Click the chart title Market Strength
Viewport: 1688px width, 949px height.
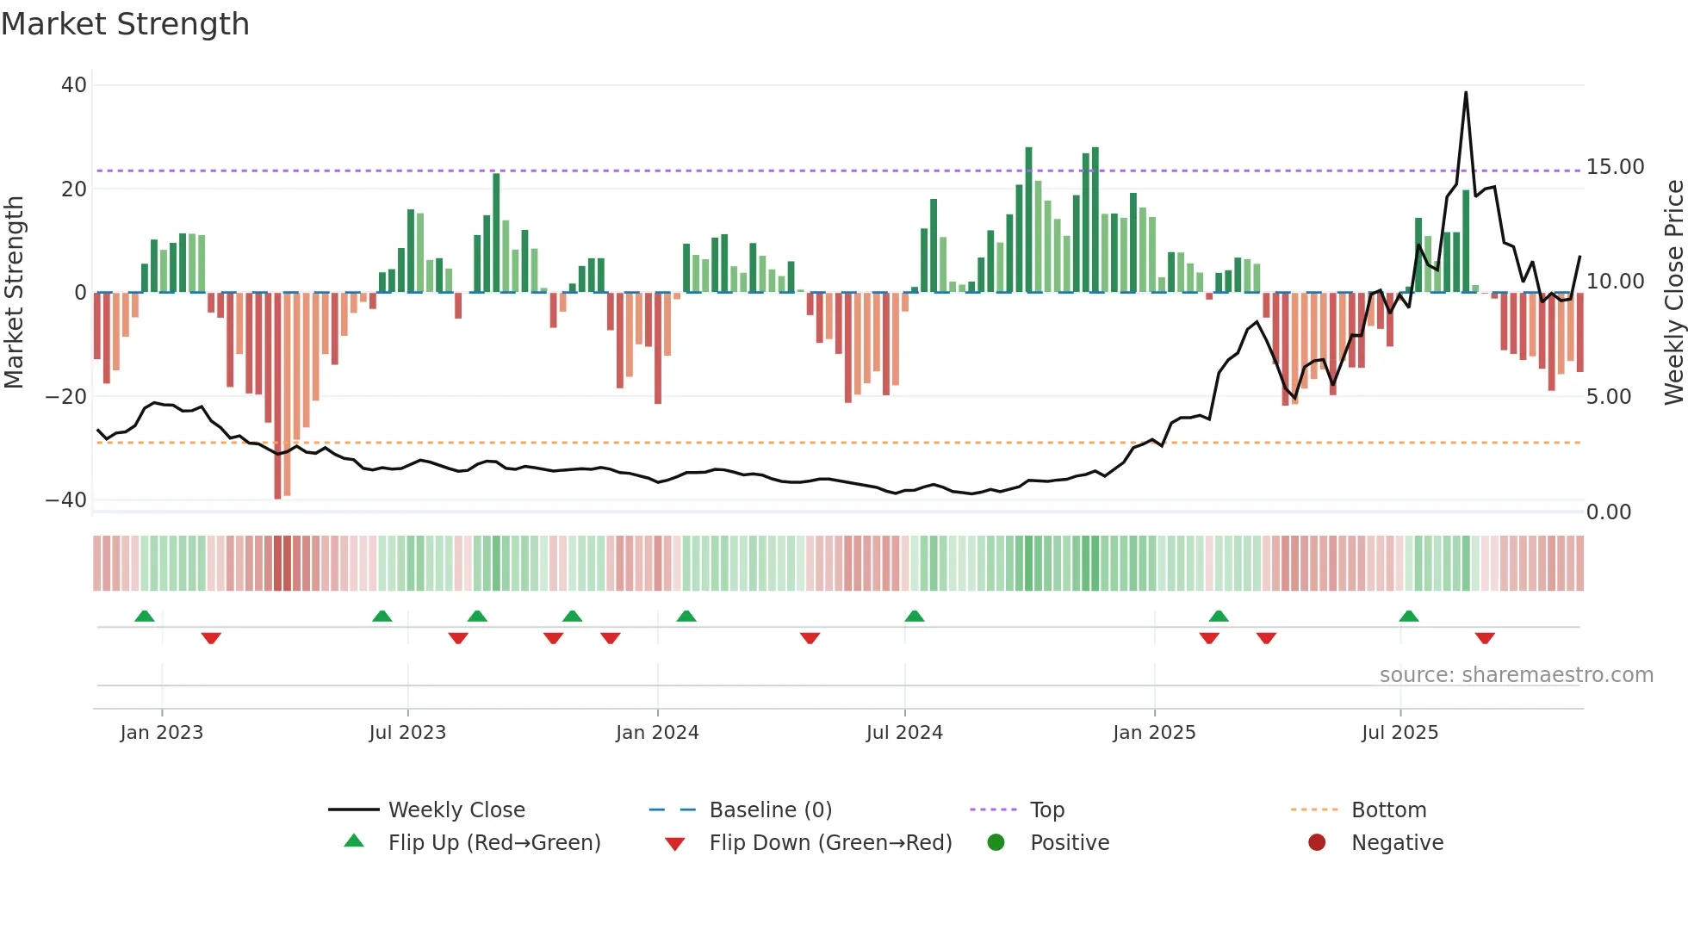pos(125,24)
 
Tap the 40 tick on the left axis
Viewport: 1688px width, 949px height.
pos(74,85)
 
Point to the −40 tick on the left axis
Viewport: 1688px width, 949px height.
pos(66,500)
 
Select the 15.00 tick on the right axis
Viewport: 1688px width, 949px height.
pos(1615,167)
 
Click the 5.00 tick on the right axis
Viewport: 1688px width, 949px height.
pos(1608,397)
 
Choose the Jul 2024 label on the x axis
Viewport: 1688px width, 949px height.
pos(904,733)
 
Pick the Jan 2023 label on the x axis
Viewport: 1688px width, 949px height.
pos(162,733)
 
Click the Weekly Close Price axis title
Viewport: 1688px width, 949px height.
pos(1673,293)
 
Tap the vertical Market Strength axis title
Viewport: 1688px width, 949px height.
pos(15,293)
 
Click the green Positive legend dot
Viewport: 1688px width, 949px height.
pos(996,843)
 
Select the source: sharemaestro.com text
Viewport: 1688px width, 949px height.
pos(1516,675)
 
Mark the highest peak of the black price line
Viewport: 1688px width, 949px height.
pos(1466,93)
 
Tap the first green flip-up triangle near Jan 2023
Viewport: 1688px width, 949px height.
pos(145,616)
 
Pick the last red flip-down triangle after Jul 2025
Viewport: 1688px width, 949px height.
pos(1485,638)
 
